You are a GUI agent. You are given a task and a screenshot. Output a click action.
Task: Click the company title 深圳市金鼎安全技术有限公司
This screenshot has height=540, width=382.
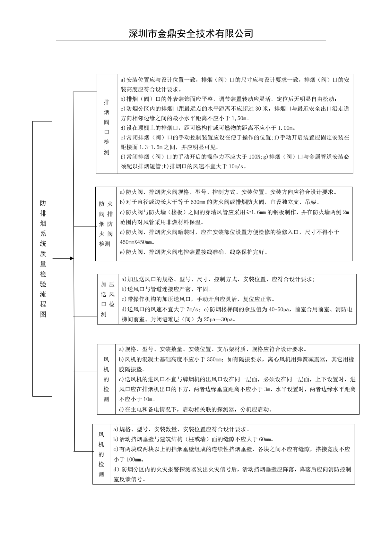[x=191, y=33]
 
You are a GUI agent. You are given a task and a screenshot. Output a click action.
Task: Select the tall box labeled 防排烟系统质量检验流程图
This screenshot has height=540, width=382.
[x=42, y=258]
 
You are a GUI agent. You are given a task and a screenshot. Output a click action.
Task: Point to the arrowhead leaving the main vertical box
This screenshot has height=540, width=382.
[x=72, y=258]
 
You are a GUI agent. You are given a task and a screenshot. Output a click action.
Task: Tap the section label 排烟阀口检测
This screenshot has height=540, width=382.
[x=107, y=127]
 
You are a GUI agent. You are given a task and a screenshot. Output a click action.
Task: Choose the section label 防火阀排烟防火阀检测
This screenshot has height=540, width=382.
[x=106, y=224]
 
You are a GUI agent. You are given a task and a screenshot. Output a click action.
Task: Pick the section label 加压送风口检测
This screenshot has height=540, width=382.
[x=108, y=299]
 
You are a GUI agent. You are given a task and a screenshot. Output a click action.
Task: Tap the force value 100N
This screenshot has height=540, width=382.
[x=256, y=157]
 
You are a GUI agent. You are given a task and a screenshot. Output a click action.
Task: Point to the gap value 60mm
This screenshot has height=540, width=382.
[x=265, y=439]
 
